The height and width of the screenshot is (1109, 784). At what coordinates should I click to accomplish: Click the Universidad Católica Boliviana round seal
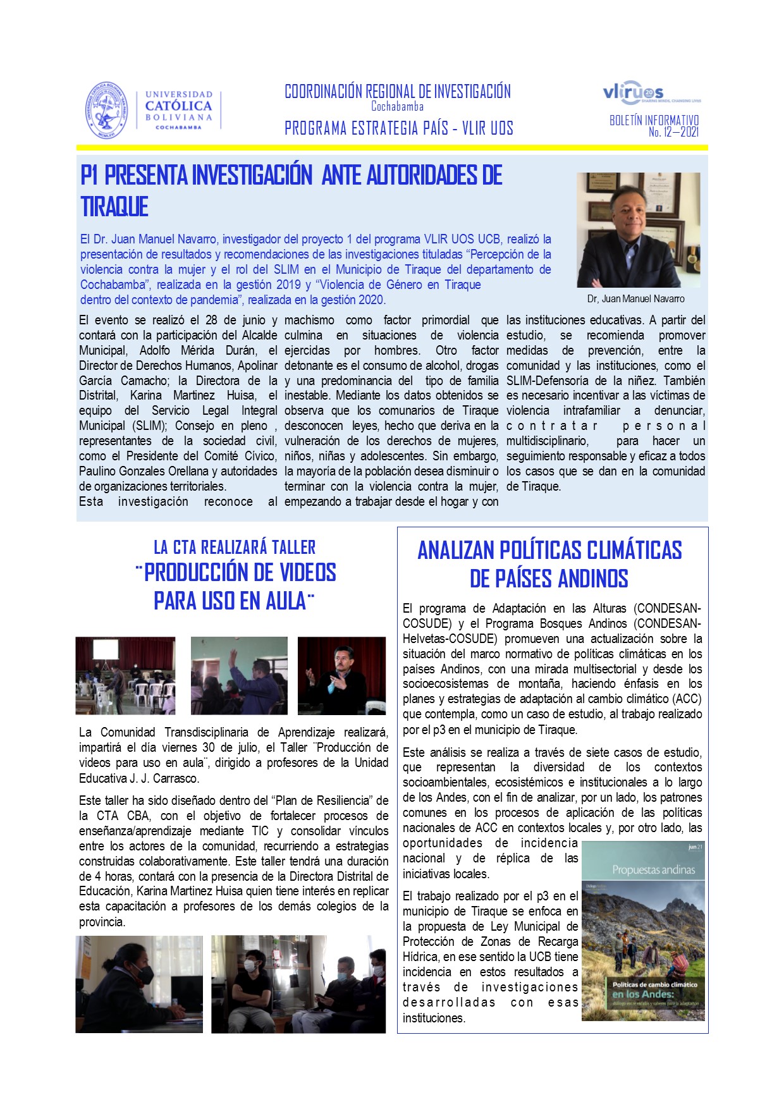[107, 111]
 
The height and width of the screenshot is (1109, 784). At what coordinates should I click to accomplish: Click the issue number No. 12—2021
[673, 132]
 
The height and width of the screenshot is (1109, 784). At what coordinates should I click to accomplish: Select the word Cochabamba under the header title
[397, 106]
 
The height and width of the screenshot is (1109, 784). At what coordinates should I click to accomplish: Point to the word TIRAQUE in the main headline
[114, 207]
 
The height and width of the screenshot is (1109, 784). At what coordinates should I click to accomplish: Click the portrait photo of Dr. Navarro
[638, 230]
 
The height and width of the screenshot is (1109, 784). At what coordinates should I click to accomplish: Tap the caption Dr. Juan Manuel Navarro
[635, 298]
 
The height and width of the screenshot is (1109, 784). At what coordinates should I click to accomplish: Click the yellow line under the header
[392, 148]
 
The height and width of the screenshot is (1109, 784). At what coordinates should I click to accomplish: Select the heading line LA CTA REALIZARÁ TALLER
[235, 547]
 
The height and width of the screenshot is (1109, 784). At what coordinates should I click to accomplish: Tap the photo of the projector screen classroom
[125, 675]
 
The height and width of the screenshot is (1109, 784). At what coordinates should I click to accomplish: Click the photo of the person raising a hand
[239, 675]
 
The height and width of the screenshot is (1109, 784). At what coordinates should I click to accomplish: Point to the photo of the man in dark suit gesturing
[341, 675]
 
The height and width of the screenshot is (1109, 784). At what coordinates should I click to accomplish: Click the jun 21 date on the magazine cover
[695, 847]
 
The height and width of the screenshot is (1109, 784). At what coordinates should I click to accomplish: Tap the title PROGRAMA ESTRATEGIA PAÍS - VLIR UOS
[398, 128]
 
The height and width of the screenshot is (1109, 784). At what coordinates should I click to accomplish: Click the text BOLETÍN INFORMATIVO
[654, 120]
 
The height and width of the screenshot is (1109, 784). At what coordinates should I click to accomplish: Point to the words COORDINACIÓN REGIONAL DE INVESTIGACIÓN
[398, 92]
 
